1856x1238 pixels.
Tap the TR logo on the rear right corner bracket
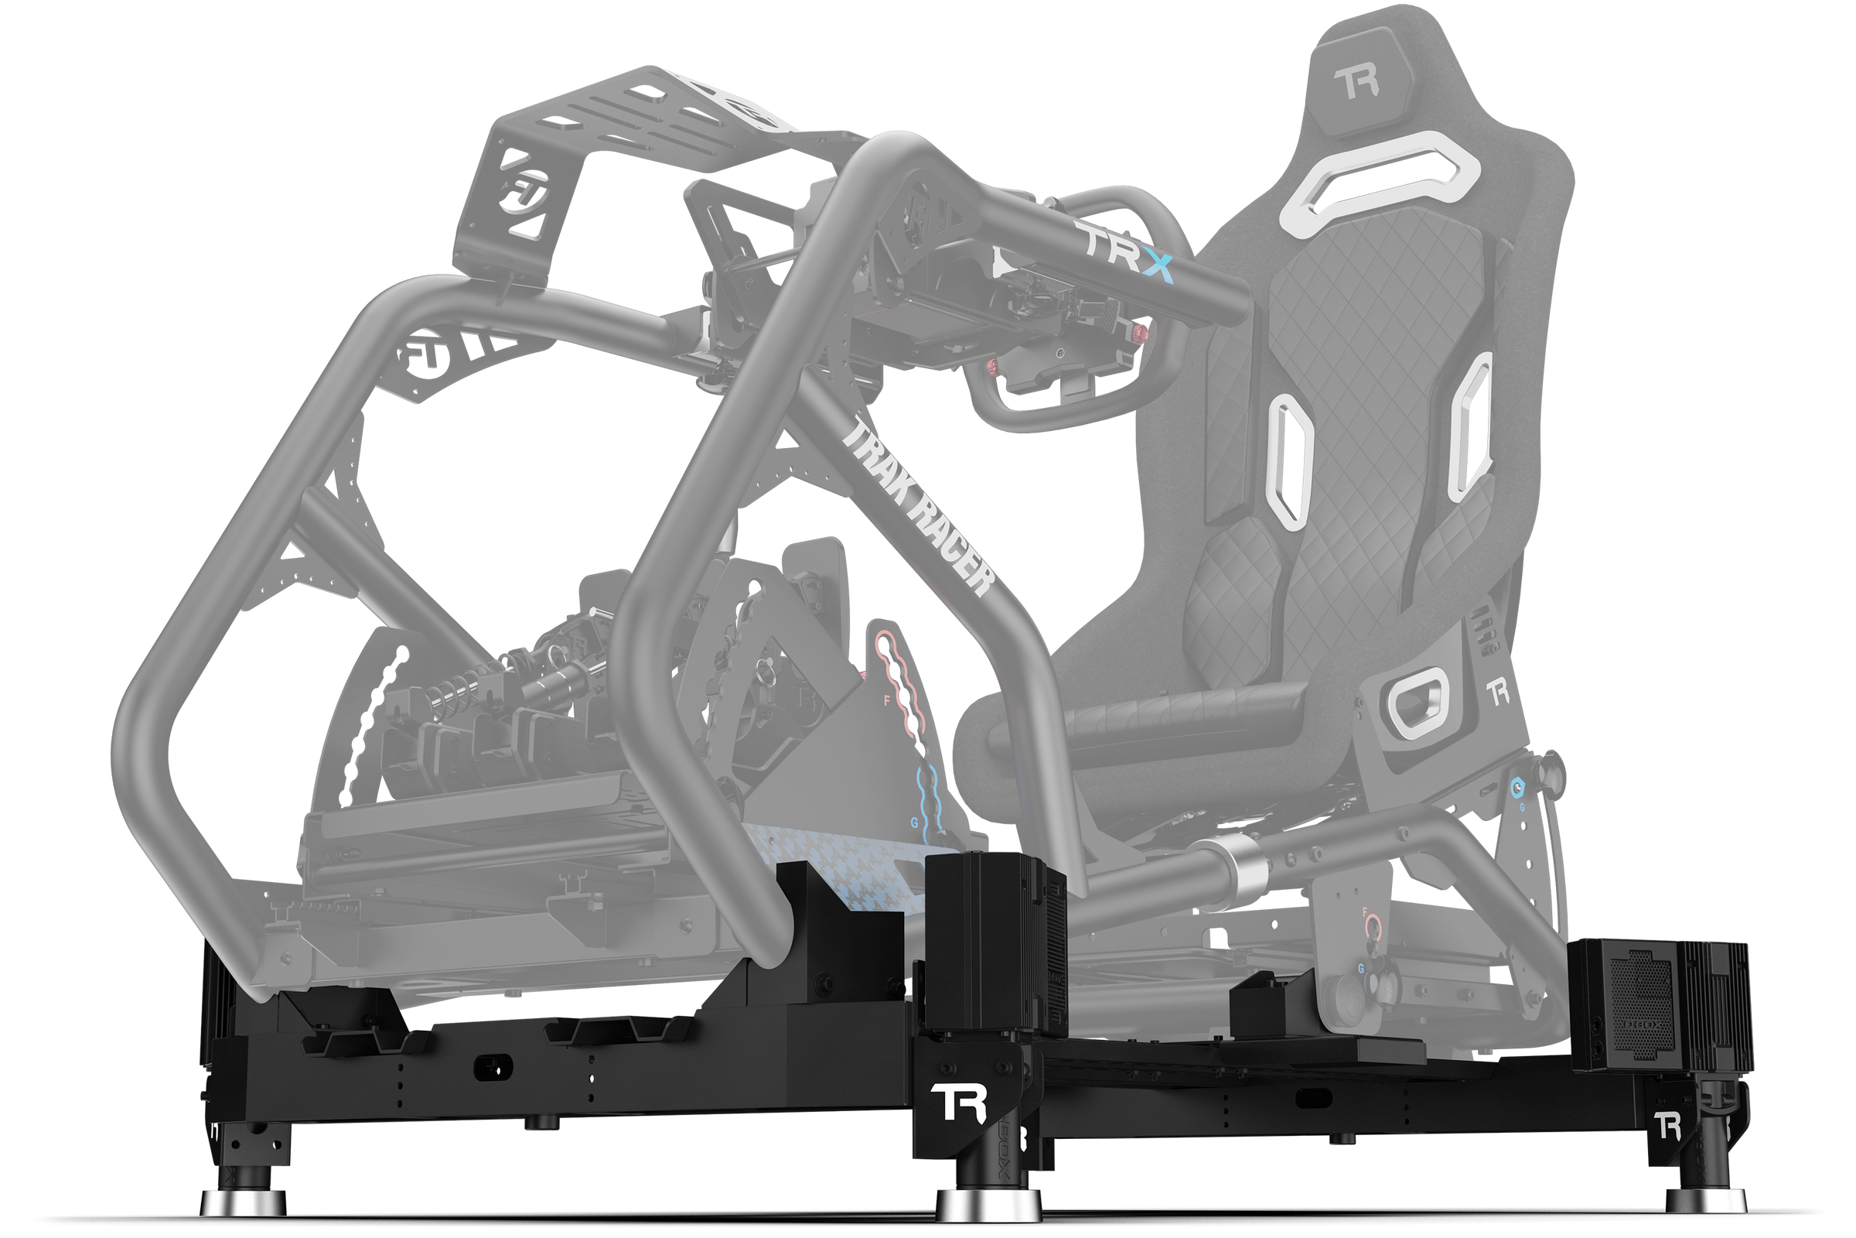[1667, 1126]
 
